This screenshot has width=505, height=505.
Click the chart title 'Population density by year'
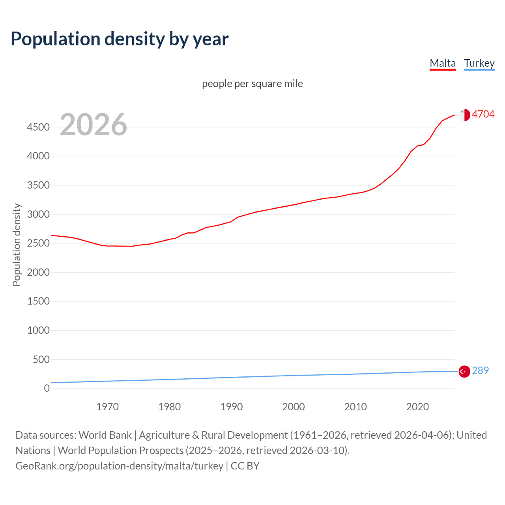[120, 39]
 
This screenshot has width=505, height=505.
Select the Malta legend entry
[442, 63]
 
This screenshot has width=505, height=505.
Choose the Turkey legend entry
[479, 63]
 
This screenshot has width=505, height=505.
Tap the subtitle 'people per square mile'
[252, 84]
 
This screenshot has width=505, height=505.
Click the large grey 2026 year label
[94, 125]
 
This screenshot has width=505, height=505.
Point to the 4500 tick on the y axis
[38, 127]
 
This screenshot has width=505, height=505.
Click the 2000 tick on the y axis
[38, 272]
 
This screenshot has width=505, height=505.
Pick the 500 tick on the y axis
[41, 359]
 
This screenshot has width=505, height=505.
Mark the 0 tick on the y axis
[47, 388]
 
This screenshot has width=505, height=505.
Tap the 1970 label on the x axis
[107, 407]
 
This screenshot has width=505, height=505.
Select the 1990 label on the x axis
[232, 407]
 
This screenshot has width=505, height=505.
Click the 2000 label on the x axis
[294, 407]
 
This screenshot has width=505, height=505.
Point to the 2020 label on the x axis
[417, 407]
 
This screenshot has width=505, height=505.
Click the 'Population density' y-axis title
[17, 245]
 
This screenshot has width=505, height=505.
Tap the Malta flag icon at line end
[464, 115]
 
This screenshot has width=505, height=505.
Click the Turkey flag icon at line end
[464, 371]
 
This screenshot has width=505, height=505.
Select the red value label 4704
[483, 114]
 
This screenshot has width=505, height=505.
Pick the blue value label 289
[480, 370]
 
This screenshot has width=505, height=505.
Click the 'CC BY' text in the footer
[245, 466]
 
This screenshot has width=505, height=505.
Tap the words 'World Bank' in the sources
[105, 435]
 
